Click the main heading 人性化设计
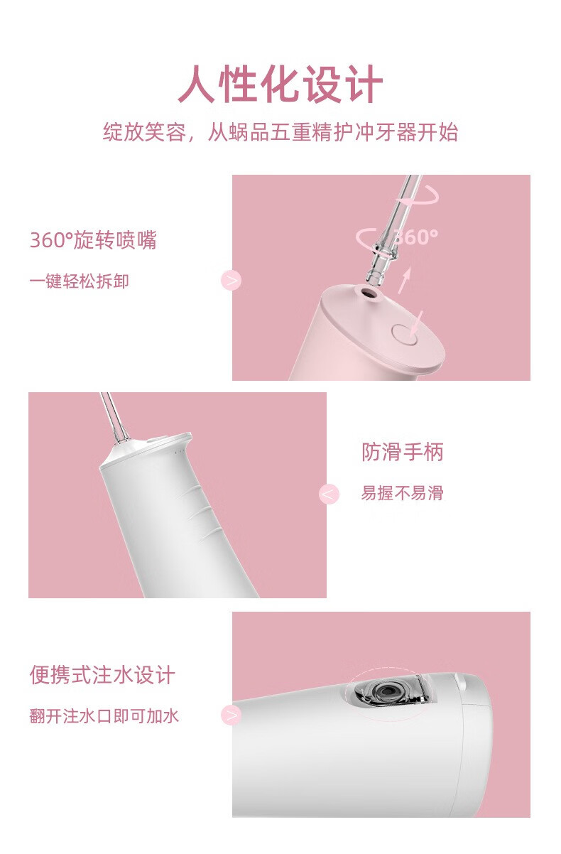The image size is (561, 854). click(280, 84)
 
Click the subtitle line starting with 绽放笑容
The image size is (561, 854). click(280, 132)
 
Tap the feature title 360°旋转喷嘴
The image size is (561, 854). click(93, 240)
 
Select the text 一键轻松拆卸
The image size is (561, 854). click(80, 281)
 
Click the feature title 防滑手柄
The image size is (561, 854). click(403, 452)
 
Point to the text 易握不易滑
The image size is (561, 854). click(403, 492)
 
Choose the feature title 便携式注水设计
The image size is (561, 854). click(102, 675)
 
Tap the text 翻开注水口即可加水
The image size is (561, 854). click(104, 715)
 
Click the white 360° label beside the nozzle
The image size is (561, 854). click(415, 237)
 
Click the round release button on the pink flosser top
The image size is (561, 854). click(405, 335)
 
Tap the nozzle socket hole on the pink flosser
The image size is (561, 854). click(369, 293)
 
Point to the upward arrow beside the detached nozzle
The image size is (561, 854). click(405, 280)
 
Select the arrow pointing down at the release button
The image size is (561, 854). click(417, 324)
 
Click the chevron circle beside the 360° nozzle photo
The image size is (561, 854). click(232, 281)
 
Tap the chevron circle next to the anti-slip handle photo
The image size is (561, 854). click(329, 494)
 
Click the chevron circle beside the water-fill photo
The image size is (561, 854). click(232, 715)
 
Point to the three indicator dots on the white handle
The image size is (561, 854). click(179, 452)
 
